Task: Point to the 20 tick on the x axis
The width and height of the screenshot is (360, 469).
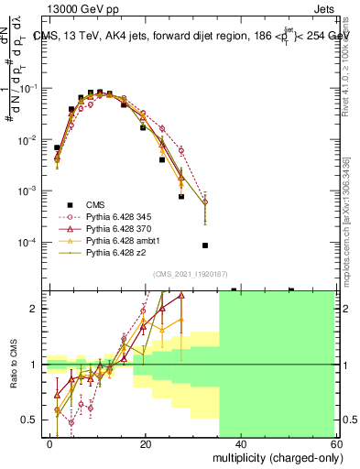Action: point(146,443)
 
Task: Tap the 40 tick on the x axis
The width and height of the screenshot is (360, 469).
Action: point(241,443)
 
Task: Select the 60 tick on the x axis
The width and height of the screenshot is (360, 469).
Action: point(336,443)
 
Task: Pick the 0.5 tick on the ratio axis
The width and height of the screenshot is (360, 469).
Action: point(29,420)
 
